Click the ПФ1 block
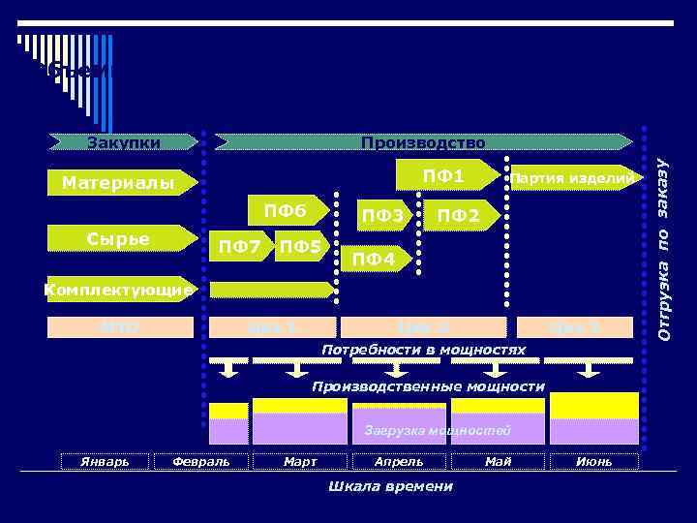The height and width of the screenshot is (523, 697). coord(445,176)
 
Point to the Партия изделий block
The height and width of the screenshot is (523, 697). coord(573,178)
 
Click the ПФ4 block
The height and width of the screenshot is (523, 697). coord(374,260)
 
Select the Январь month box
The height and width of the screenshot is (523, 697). coord(104,461)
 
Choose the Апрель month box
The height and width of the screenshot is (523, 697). coord(399,461)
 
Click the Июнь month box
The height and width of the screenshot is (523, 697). coord(593,461)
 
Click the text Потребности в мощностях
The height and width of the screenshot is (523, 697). coord(425,349)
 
